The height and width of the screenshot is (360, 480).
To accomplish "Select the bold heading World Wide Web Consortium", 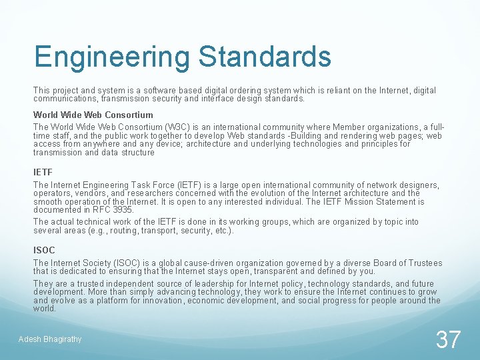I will [93, 115].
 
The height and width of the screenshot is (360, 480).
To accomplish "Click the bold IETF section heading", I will [43, 173].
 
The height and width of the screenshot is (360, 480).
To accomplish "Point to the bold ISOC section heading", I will [44, 250].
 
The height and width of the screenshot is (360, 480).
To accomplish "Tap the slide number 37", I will [448, 339].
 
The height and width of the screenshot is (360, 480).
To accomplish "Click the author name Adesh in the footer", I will [29, 339].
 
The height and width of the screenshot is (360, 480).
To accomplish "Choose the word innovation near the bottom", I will [160, 300].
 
